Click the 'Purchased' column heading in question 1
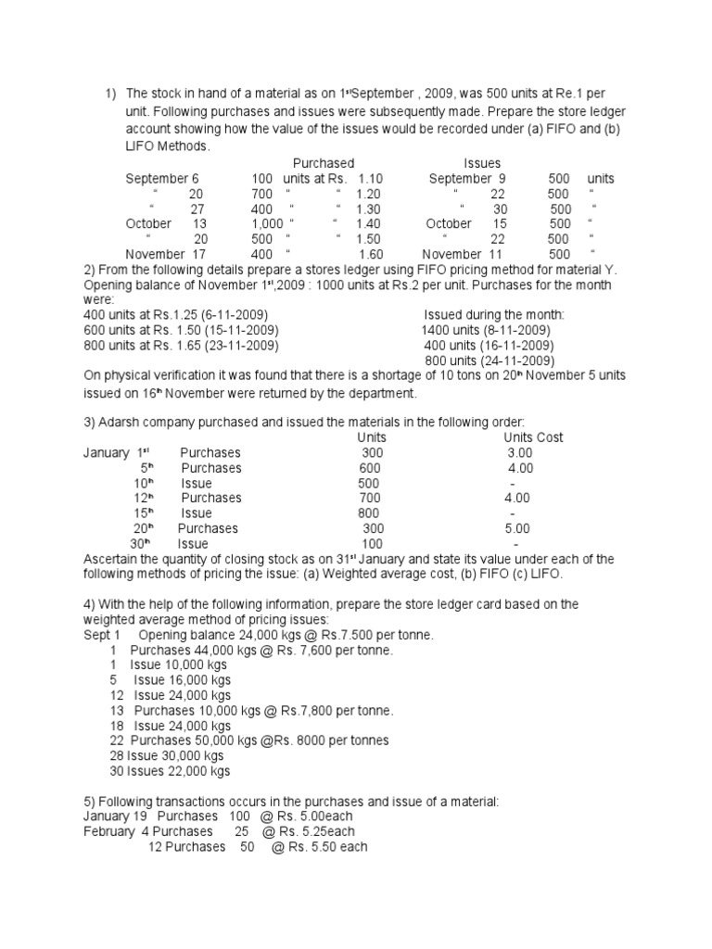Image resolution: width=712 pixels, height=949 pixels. tap(324, 163)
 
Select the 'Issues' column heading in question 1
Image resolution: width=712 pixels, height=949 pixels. tap(481, 163)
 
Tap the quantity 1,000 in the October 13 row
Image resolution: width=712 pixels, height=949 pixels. tap(267, 223)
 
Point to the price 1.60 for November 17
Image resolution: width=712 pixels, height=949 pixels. tap(370, 254)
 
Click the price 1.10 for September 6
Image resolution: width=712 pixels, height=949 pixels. tap(370, 178)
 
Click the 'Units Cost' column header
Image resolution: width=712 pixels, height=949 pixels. tap(533, 437)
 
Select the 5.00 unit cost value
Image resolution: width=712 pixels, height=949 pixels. tap(517, 528)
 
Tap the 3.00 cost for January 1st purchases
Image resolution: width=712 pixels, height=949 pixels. tap(519, 452)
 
